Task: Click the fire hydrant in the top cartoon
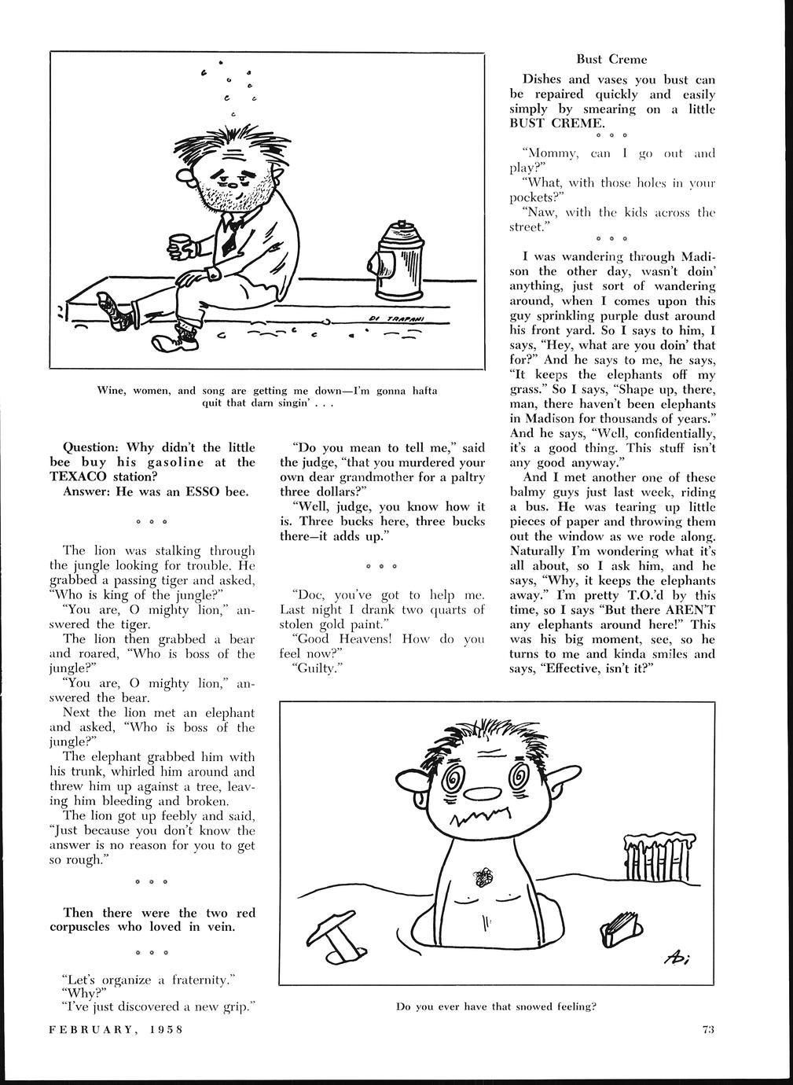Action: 398,262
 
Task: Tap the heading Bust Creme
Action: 611,59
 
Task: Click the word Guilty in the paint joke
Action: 310,668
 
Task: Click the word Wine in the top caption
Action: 109,391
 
